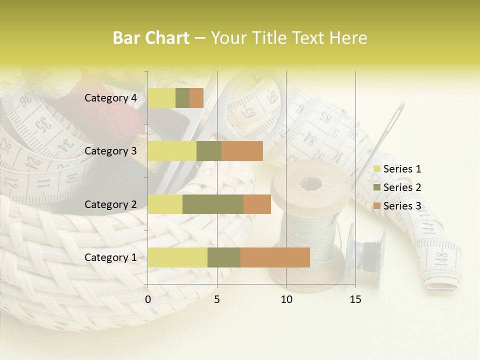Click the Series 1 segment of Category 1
pyautogui.click(x=177, y=257)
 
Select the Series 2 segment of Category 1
pyautogui.click(x=224, y=257)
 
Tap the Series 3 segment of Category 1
pyautogui.click(x=275, y=257)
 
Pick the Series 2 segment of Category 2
pyautogui.click(x=213, y=204)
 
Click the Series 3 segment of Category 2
pyautogui.click(x=257, y=204)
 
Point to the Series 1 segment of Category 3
pyautogui.click(x=172, y=151)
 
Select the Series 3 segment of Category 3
pyautogui.click(x=242, y=151)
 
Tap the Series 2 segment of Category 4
pyautogui.click(x=182, y=98)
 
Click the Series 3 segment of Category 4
pyautogui.click(x=196, y=98)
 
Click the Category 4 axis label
pyautogui.click(x=110, y=98)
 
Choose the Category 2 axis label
pyautogui.click(x=110, y=204)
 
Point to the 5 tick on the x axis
pyautogui.click(x=217, y=299)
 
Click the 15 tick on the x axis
pyautogui.click(x=355, y=299)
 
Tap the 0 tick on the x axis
pyautogui.click(x=148, y=299)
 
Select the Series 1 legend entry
pyautogui.click(x=398, y=169)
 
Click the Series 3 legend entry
pyautogui.click(x=398, y=205)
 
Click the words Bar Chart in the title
pyautogui.click(x=151, y=38)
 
